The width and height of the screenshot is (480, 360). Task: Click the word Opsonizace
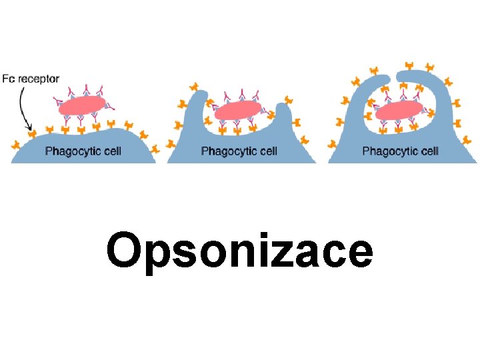pyautogui.click(x=239, y=252)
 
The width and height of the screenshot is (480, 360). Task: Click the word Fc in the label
pyautogui.click(x=9, y=79)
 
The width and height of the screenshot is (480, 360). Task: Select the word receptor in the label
pyautogui.click(x=39, y=79)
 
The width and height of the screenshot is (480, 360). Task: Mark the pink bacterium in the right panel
pyautogui.click(x=399, y=110)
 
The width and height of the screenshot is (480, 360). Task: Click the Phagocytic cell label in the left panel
pyautogui.click(x=83, y=151)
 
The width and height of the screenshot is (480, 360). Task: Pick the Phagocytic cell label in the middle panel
pyautogui.click(x=239, y=151)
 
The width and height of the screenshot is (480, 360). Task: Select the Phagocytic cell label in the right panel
pyautogui.click(x=400, y=151)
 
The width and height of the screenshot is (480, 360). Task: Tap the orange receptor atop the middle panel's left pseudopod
pyautogui.click(x=195, y=87)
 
